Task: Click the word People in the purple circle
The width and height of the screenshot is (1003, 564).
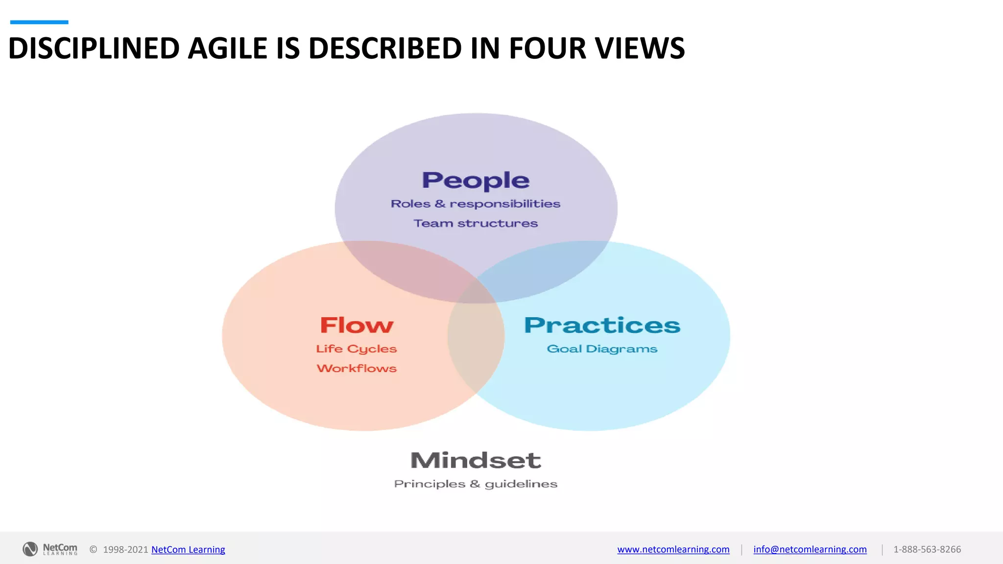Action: (x=476, y=181)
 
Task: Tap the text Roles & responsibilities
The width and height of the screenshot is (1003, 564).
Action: (x=476, y=204)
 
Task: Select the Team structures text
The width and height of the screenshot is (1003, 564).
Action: (x=476, y=223)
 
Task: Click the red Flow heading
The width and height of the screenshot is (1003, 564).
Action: (x=357, y=326)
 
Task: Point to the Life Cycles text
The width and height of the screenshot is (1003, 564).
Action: (x=357, y=349)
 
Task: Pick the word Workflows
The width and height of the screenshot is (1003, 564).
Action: (x=357, y=368)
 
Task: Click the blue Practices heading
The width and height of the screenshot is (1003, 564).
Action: (x=602, y=326)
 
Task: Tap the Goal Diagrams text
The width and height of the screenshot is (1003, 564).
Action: (x=602, y=349)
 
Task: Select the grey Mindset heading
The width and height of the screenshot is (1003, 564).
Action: (x=476, y=460)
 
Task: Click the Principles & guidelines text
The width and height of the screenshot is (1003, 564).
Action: (x=476, y=484)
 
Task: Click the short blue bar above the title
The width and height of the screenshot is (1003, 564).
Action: (x=39, y=22)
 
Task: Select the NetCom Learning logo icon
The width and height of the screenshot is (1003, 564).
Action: (x=30, y=549)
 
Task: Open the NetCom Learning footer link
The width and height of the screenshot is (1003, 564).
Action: (x=188, y=549)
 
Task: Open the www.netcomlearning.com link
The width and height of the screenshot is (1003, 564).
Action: (x=673, y=549)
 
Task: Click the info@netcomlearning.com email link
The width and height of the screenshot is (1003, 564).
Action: (x=810, y=549)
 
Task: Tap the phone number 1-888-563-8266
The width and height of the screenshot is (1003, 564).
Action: (x=927, y=549)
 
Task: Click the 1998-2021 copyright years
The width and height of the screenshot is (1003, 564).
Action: (x=125, y=549)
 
